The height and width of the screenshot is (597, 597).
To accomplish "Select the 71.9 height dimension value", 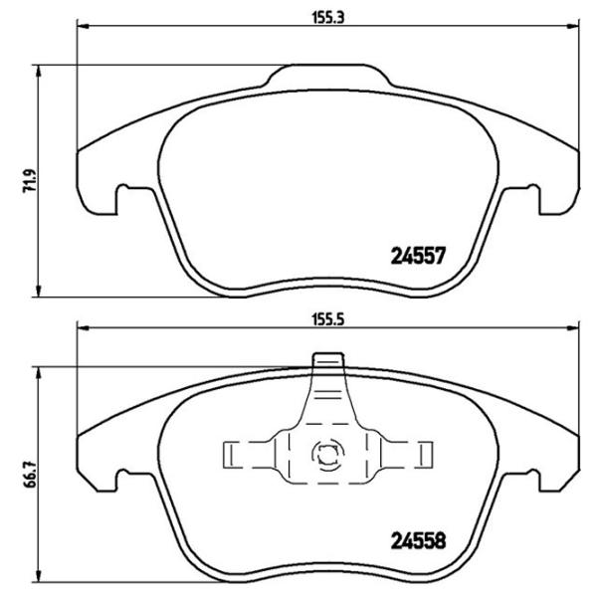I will tap(28, 182).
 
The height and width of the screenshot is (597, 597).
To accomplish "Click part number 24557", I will tap(413, 254).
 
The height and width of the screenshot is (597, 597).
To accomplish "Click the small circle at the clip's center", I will tap(325, 456).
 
